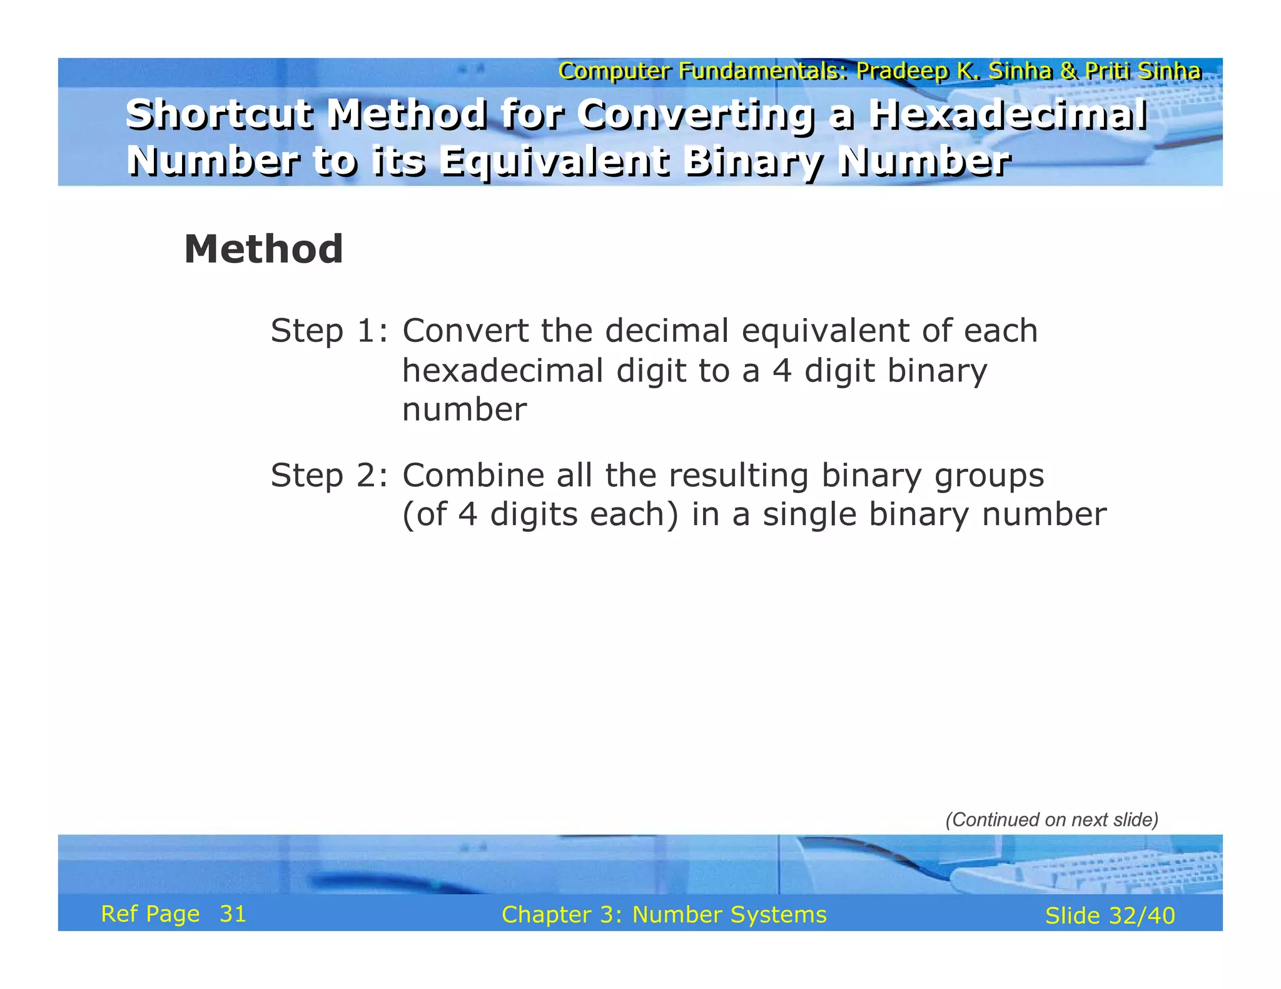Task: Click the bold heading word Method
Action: pos(263,249)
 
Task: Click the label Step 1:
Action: pos(329,331)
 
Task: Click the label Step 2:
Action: pos(329,476)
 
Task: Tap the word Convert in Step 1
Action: pos(465,331)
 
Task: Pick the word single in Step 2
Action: pos(809,516)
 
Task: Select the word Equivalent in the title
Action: pos(554,162)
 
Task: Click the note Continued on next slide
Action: pos(1051,820)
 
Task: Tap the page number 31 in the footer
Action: pos(233,914)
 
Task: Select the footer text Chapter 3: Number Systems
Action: pos(664,915)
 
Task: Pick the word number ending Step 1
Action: pos(464,410)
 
